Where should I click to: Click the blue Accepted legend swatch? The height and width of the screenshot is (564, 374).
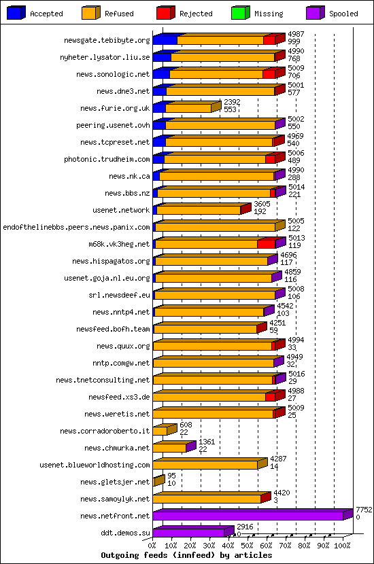tap(16, 13)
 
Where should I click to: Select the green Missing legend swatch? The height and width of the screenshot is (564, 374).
tap(241, 13)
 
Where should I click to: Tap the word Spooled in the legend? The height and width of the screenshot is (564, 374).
tap(343, 14)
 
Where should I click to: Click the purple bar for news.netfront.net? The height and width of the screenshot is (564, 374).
tap(253, 514)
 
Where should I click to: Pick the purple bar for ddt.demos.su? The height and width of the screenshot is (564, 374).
tap(193, 531)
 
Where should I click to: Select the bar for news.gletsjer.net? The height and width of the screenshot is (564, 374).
tap(158, 480)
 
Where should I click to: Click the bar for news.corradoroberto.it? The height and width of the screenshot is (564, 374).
tap(165, 429)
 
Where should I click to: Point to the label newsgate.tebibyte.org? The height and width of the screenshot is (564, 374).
tap(107, 40)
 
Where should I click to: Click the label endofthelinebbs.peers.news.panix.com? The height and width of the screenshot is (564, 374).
tap(76, 227)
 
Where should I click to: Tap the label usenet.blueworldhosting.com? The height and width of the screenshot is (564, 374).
tap(95, 465)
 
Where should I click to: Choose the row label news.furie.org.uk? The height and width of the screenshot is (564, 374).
tap(115, 108)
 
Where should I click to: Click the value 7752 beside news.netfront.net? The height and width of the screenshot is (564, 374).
tap(364, 510)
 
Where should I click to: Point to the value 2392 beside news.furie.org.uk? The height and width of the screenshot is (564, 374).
tap(232, 102)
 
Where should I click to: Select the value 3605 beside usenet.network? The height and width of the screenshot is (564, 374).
tap(262, 204)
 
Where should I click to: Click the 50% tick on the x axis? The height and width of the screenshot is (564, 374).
tap(248, 546)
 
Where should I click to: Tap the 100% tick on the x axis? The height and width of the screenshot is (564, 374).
tap(342, 546)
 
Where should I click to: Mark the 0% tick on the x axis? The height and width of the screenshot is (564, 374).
tap(152, 546)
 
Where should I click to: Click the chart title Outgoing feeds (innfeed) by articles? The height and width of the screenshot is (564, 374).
tap(186, 555)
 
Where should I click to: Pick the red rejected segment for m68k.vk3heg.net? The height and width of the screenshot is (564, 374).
tap(267, 244)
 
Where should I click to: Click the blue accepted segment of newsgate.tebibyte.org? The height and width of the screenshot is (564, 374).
tap(165, 40)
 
